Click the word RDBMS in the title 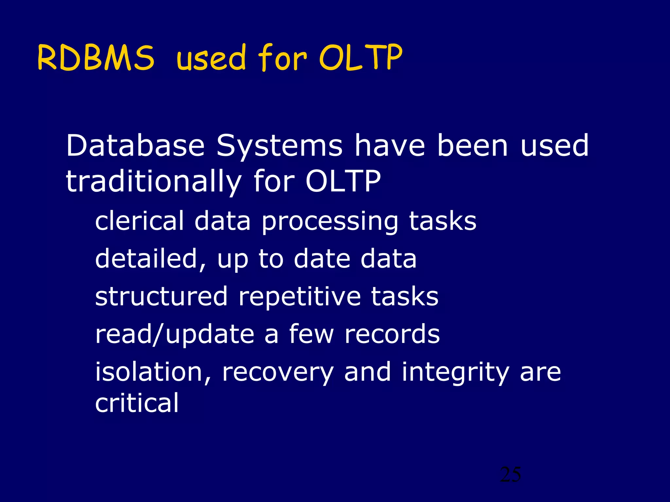click(96, 58)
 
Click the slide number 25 click(510, 475)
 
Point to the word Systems click(279, 146)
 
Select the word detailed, click(151, 259)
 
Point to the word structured click(161, 296)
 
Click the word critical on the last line click(137, 403)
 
